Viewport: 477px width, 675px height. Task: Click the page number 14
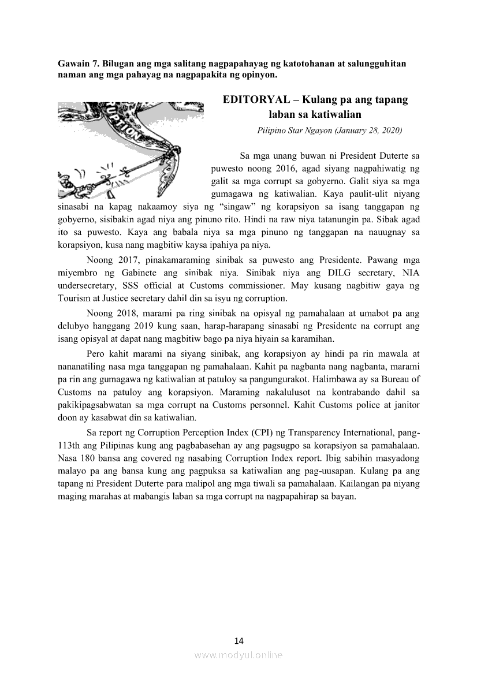click(239, 640)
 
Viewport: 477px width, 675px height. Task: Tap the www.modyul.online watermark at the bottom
click(238, 655)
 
